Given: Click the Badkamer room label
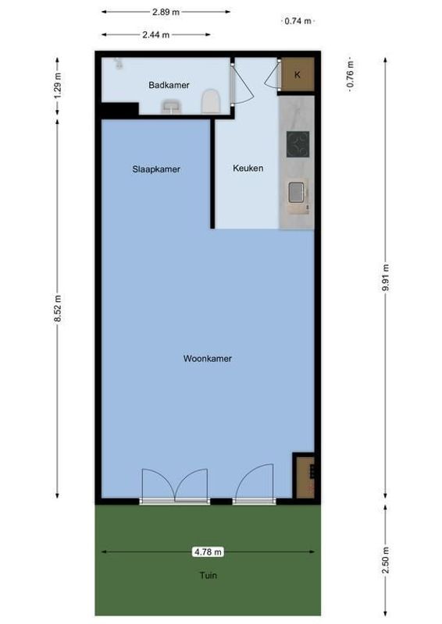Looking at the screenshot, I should (169, 85).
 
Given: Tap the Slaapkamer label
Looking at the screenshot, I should (156, 168).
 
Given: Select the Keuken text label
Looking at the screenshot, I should (248, 168).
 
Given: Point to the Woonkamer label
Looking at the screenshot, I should (208, 359).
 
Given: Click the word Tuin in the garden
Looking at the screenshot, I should (208, 576).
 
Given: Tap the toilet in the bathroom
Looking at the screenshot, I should (209, 102).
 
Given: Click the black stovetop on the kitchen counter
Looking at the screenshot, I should (298, 144).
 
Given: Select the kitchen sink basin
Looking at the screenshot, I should (298, 192).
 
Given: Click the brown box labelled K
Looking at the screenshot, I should (298, 74).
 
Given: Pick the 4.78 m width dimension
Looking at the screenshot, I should (208, 551).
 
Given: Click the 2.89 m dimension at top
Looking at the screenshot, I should (165, 12).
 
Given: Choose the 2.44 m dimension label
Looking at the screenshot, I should (155, 34).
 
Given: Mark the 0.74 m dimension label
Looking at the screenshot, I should (298, 21).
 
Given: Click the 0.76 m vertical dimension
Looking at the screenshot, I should (351, 76).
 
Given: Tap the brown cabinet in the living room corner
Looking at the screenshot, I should (303, 475).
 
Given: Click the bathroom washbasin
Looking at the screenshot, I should (170, 110).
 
